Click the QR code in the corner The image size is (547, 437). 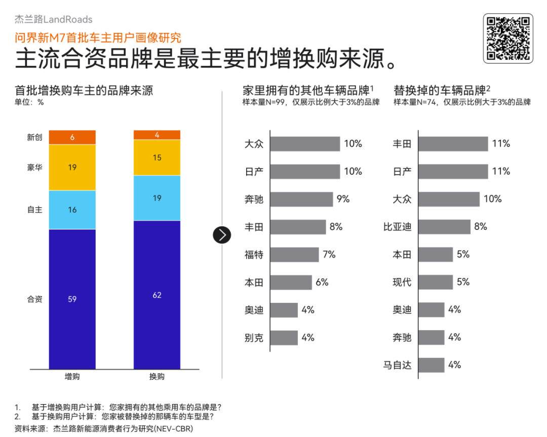508,38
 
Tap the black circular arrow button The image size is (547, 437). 222,234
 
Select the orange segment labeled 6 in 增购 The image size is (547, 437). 72,137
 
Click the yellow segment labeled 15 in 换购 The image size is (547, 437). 157,157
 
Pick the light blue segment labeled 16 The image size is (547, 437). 72,210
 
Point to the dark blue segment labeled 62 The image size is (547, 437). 157,295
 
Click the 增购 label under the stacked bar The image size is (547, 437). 72,377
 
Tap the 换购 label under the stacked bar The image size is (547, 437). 157,377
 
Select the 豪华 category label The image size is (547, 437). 34,167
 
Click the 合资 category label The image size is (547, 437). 34,299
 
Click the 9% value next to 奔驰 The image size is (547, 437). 343,199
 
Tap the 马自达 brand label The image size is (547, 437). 398,365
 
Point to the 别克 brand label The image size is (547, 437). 254,337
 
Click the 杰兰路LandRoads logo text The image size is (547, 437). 53,20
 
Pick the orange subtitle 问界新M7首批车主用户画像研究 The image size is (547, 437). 98,37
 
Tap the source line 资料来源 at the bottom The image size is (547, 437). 104,428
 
